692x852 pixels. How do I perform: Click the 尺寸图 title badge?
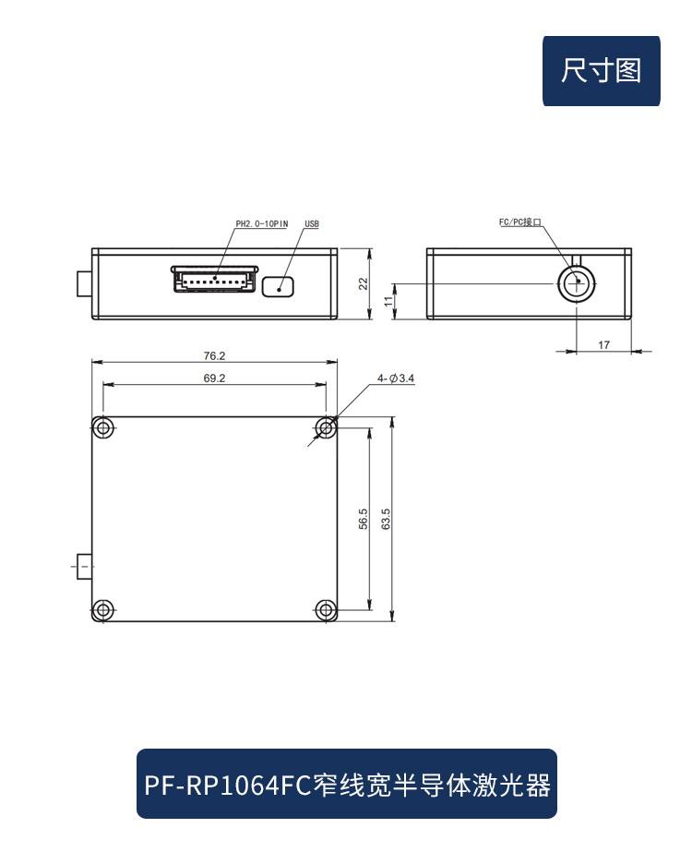point(602,71)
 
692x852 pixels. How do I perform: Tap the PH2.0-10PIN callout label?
point(262,224)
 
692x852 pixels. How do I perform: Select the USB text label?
point(312,224)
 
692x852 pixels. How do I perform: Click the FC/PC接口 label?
point(520,222)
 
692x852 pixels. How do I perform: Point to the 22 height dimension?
point(363,283)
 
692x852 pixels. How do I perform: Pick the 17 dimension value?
point(603,344)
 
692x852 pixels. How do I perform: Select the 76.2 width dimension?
point(214,356)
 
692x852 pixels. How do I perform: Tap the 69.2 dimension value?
point(214,378)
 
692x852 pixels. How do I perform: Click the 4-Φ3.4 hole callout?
point(396,378)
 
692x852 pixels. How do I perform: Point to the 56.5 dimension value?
point(363,519)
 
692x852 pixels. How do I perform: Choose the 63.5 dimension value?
point(386,519)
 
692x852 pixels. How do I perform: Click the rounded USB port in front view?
point(278,286)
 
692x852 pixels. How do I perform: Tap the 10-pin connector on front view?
point(215,280)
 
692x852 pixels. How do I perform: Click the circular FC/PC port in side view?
point(577,283)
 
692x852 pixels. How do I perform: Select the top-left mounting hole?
point(102,428)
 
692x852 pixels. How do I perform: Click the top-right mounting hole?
point(326,428)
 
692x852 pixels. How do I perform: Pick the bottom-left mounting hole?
point(102,609)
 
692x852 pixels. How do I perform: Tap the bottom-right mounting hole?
point(326,609)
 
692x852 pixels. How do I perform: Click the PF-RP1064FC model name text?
point(227,786)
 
